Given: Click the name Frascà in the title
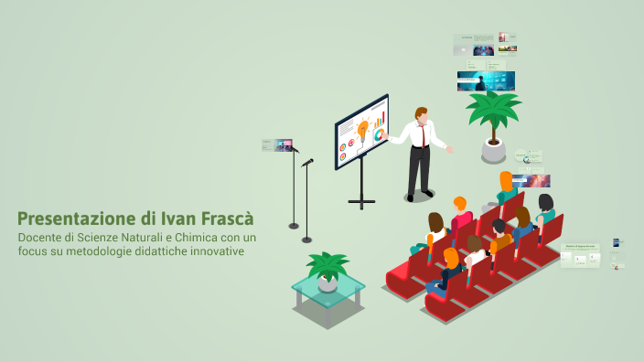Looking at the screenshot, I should click(x=222, y=219).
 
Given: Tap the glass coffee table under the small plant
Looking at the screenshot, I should click(x=327, y=294).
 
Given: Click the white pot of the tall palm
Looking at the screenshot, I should click(x=493, y=149).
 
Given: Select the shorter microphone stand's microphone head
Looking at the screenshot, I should click(x=308, y=162).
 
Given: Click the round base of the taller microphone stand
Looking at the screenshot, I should click(x=294, y=225).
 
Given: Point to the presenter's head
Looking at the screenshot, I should click(x=421, y=115).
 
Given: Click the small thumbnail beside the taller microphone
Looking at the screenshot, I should click(x=276, y=144).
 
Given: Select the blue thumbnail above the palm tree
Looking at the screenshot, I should click(x=486, y=80).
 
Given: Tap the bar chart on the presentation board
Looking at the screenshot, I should click(x=381, y=119).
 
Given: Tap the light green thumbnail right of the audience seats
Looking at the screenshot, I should click(x=580, y=256).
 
